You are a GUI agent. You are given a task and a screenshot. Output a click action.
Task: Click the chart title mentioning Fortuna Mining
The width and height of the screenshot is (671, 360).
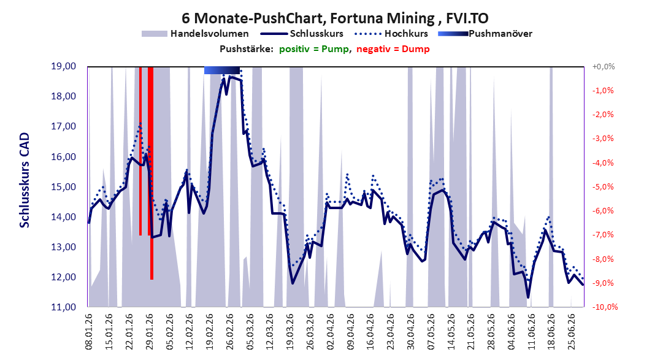click(335, 18)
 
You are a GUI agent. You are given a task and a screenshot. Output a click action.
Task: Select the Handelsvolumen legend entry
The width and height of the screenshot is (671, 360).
click(195, 34)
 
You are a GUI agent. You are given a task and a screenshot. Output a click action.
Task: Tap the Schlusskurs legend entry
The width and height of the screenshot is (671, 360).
click(302, 34)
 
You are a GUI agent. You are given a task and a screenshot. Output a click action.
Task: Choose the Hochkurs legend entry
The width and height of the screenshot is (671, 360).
click(391, 34)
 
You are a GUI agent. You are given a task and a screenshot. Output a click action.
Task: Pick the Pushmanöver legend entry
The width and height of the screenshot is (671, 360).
click(485, 34)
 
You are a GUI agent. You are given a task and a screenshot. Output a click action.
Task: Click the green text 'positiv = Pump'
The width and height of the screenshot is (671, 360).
click(314, 49)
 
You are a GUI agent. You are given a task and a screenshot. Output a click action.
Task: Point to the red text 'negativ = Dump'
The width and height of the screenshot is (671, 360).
click(393, 49)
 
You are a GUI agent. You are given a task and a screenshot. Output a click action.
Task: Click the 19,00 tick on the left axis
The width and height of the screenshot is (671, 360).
click(63, 66)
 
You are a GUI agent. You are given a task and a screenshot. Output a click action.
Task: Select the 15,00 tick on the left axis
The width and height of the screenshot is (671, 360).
click(63, 187)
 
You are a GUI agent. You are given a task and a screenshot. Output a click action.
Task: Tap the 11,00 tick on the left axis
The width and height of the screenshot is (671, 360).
click(63, 307)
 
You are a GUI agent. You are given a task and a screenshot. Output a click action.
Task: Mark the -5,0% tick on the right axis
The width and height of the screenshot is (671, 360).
click(604, 187)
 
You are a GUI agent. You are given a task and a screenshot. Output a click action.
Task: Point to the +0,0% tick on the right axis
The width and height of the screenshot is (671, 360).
click(604, 67)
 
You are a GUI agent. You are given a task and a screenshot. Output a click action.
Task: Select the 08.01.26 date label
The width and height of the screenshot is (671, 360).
click(89, 332)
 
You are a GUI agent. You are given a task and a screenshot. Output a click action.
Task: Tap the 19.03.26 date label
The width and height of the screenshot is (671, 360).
click(289, 332)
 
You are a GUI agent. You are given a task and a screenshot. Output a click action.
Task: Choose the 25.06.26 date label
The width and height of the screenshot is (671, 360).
click(571, 332)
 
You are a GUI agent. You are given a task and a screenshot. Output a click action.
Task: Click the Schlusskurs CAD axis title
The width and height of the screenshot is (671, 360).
click(25, 180)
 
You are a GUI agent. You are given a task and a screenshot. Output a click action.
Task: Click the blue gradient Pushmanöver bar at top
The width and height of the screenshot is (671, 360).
click(221, 70)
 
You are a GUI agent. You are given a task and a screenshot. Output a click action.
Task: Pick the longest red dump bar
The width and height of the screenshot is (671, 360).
click(151, 173)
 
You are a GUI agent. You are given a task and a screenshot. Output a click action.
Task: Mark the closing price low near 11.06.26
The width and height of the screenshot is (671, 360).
click(528, 297)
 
